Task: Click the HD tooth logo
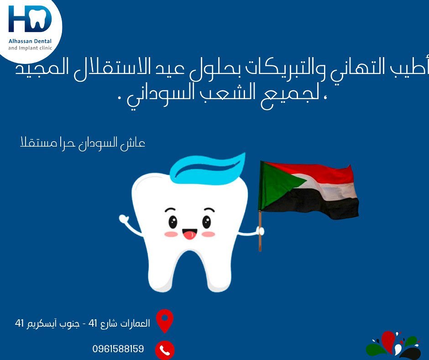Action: coord(30,19)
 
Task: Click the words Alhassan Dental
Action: coord(30,42)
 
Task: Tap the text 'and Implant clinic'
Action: coord(30,48)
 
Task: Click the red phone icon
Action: coord(165,350)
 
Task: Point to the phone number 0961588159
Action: coord(118,349)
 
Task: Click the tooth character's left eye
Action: coord(173,222)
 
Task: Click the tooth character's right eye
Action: coord(207,222)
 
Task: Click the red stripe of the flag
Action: coord(314,173)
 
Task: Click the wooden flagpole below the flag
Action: coord(260,231)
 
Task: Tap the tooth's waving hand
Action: coord(124,219)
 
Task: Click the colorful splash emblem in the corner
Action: coord(394,346)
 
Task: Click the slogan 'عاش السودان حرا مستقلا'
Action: coord(83,143)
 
